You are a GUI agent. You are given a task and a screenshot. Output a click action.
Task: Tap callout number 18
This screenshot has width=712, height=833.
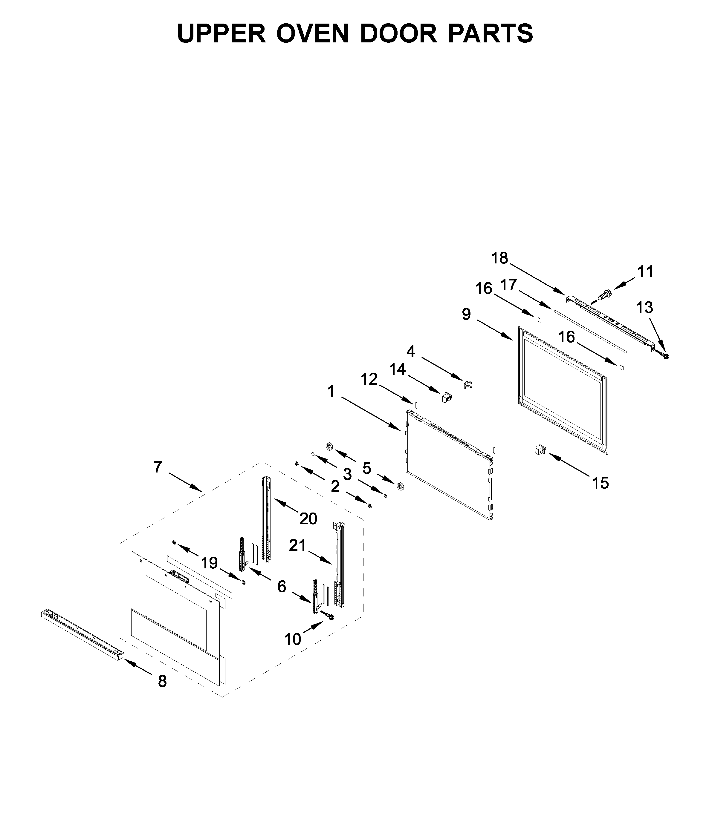point(499,258)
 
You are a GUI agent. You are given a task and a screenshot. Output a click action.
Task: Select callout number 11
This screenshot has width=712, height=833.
point(645,272)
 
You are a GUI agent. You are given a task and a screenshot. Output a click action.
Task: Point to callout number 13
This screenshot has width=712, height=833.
point(644,308)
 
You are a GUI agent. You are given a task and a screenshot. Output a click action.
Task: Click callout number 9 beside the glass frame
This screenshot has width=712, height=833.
point(466,314)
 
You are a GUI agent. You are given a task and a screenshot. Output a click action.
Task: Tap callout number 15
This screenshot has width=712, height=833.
point(600,483)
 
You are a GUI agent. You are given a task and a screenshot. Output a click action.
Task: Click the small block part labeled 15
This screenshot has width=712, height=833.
point(539,450)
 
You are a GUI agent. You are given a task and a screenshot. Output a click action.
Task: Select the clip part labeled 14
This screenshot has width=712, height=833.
point(447,398)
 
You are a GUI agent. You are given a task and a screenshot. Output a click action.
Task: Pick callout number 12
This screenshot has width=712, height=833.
point(369,379)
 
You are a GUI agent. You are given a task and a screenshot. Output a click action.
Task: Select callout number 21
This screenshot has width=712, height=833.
point(297,546)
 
